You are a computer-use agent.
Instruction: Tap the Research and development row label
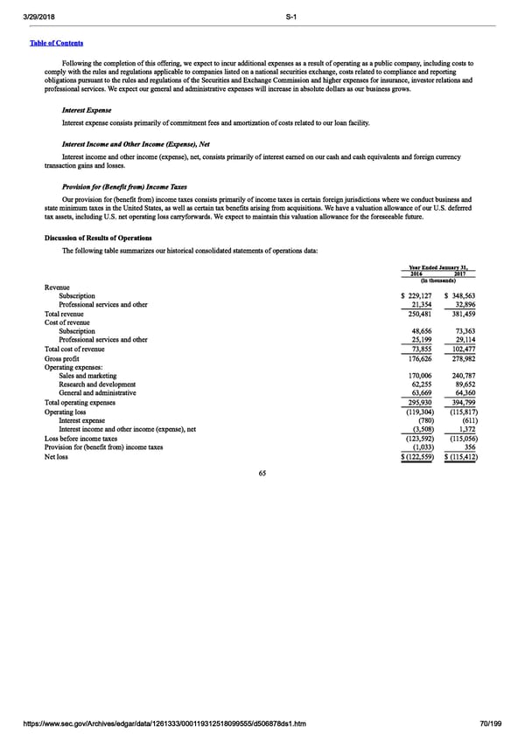pyautogui.click(x=97, y=384)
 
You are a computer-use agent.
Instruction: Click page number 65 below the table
pyautogui.click(x=262, y=473)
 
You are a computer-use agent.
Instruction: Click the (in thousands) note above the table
pyautogui.click(x=438, y=280)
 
